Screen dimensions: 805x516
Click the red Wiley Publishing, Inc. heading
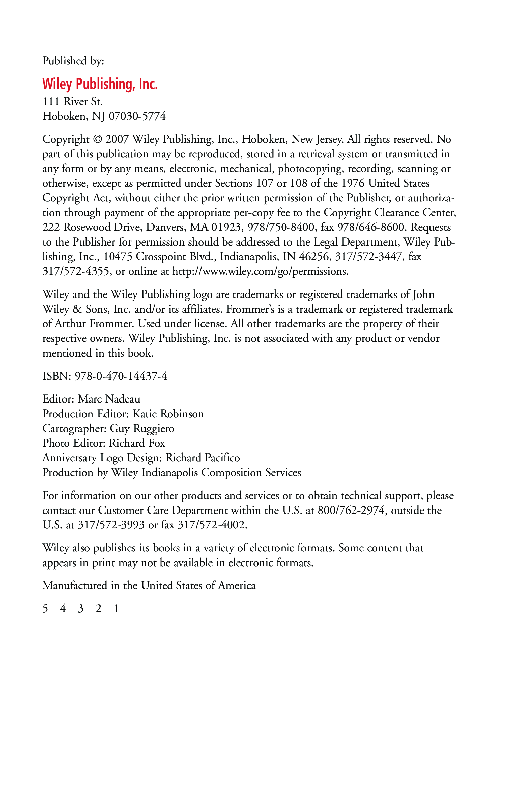[100, 84]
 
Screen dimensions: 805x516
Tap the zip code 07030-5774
[137, 116]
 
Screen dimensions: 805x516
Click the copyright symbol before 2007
[97, 139]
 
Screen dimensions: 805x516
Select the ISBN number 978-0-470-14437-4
[121, 376]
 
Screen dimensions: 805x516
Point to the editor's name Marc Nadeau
[109, 399]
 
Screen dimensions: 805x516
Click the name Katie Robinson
[168, 414]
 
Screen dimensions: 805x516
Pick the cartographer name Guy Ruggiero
[142, 428]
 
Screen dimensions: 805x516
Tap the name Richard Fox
[137, 443]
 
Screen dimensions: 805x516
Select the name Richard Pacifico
[203, 458]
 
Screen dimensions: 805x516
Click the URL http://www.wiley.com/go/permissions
[260, 271]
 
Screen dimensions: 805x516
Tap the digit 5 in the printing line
[45, 608]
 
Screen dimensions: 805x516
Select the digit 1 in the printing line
[116, 608]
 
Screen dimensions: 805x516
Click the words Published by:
[73, 61]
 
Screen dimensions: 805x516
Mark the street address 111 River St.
[72, 102]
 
